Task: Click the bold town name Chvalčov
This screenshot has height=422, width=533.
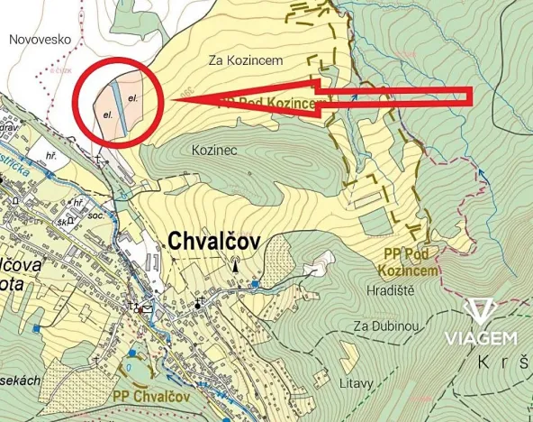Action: (215, 241)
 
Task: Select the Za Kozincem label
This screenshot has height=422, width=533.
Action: (246, 60)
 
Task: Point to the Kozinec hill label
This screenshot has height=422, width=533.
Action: (214, 151)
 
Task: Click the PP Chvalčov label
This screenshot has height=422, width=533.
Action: (150, 395)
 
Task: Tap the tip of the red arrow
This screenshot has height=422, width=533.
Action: (171, 100)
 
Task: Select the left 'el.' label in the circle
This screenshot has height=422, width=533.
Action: (107, 115)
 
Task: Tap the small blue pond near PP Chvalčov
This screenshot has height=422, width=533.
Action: (133, 368)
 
